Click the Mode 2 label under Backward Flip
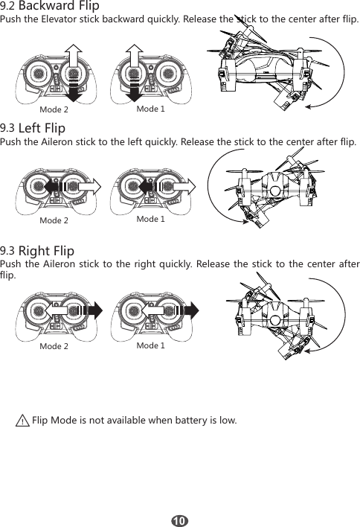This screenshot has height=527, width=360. click(x=54, y=110)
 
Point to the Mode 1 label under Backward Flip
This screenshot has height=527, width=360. click(x=150, y=109)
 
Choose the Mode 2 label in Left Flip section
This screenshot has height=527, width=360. click(x=54, y=221)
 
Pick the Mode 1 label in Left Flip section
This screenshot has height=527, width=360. click(x=150, y=220)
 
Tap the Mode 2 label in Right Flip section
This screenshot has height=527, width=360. click(x=54, y=347)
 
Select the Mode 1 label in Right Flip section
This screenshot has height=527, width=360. click(x=150, y=346)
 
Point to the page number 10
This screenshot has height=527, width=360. click(x=180, y=518)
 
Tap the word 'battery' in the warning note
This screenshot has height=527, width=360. click(x=190, y=421)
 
